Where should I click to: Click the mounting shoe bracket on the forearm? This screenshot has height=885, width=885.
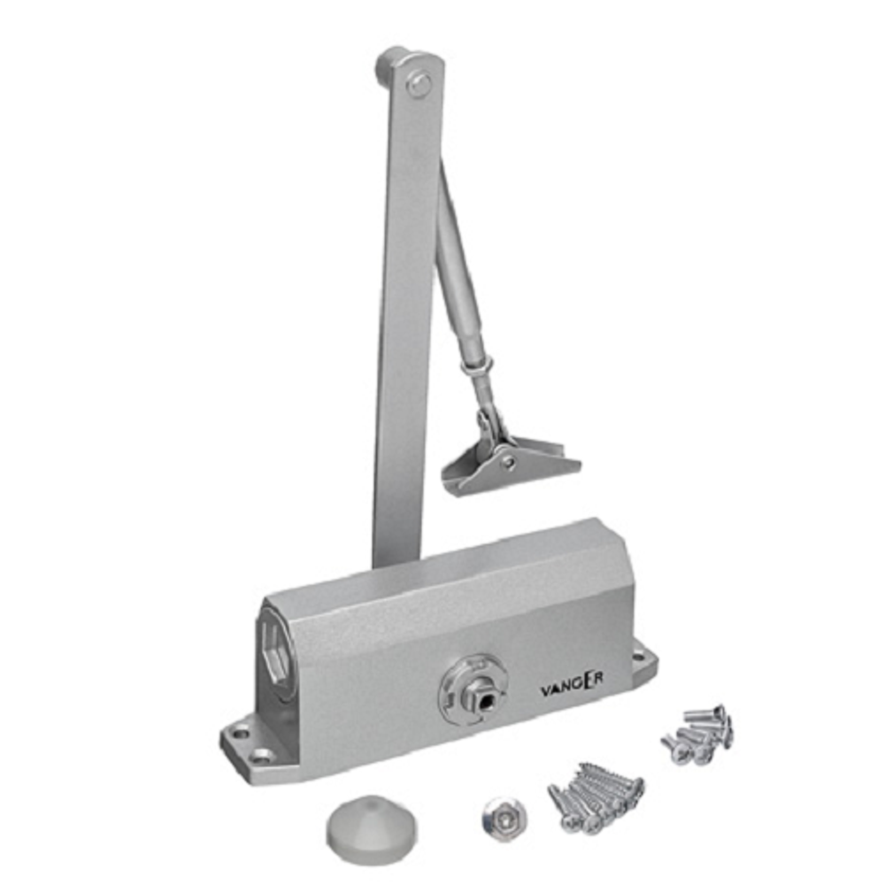tap(511, 458)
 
